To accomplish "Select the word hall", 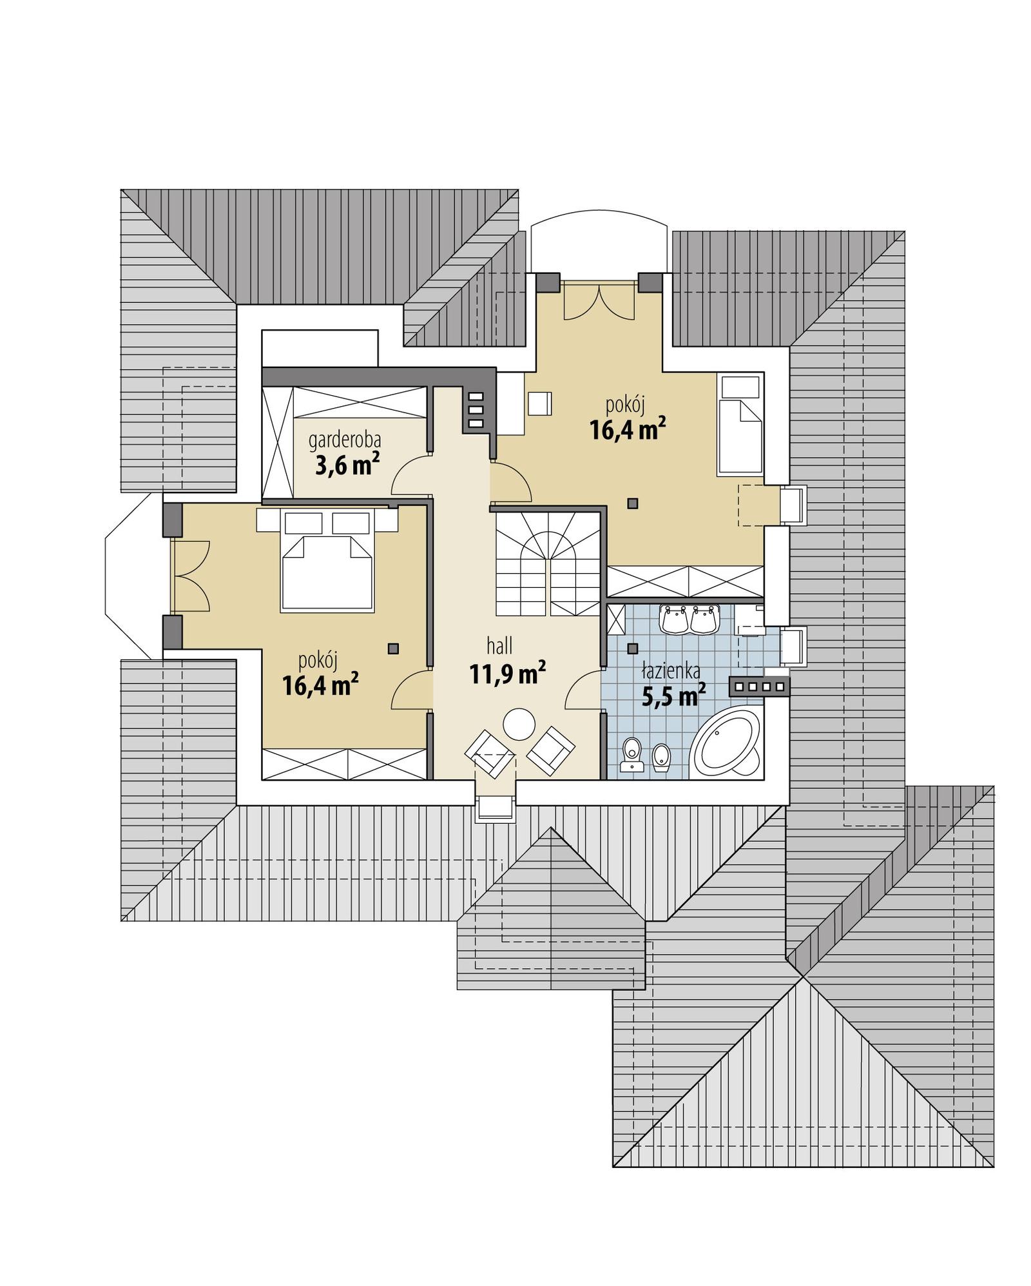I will [x=499, y=646].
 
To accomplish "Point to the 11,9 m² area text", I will [x=507, y=674].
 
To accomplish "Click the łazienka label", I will [x=671, y=671].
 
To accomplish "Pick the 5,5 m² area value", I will [x=673, y=696].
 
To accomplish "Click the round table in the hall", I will [x=519, y=725].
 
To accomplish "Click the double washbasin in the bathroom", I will [x=689, y=619].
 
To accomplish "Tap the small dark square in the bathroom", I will [x=633, y=648].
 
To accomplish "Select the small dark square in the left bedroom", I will [x=393, y=648].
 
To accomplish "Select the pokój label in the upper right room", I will [x=625, y=405].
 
